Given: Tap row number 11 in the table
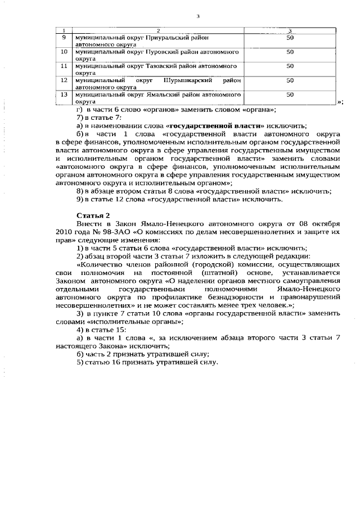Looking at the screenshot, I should point(64,66).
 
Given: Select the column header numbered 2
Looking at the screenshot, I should point(158,30).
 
